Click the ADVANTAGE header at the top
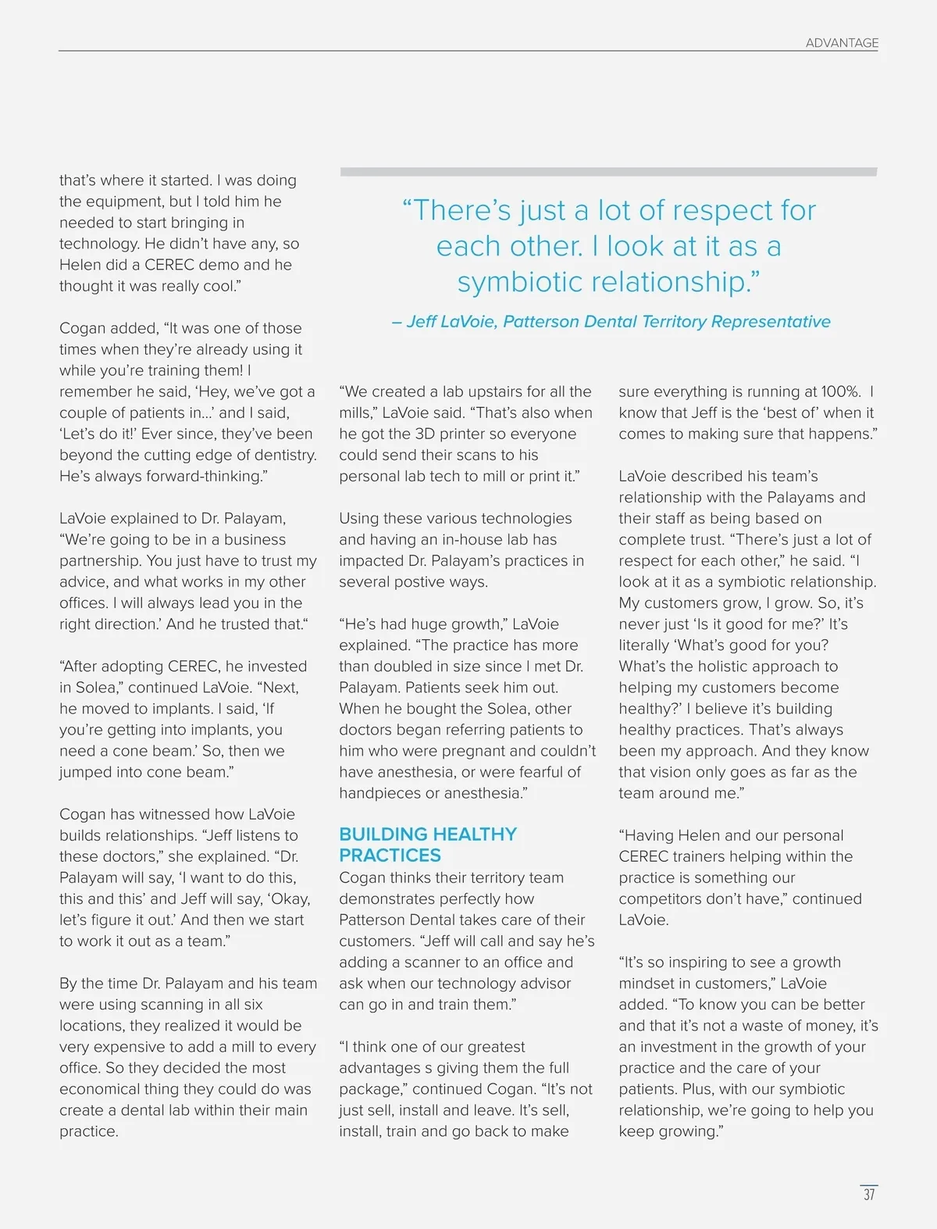tap(842, 43)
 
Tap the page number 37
tap(869, 1195)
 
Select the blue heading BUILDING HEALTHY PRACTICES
tap(428, 845)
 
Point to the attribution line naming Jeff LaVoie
tap(611, 322)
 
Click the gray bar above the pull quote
tap(609, 172)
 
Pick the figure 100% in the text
tap(839, 391)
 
